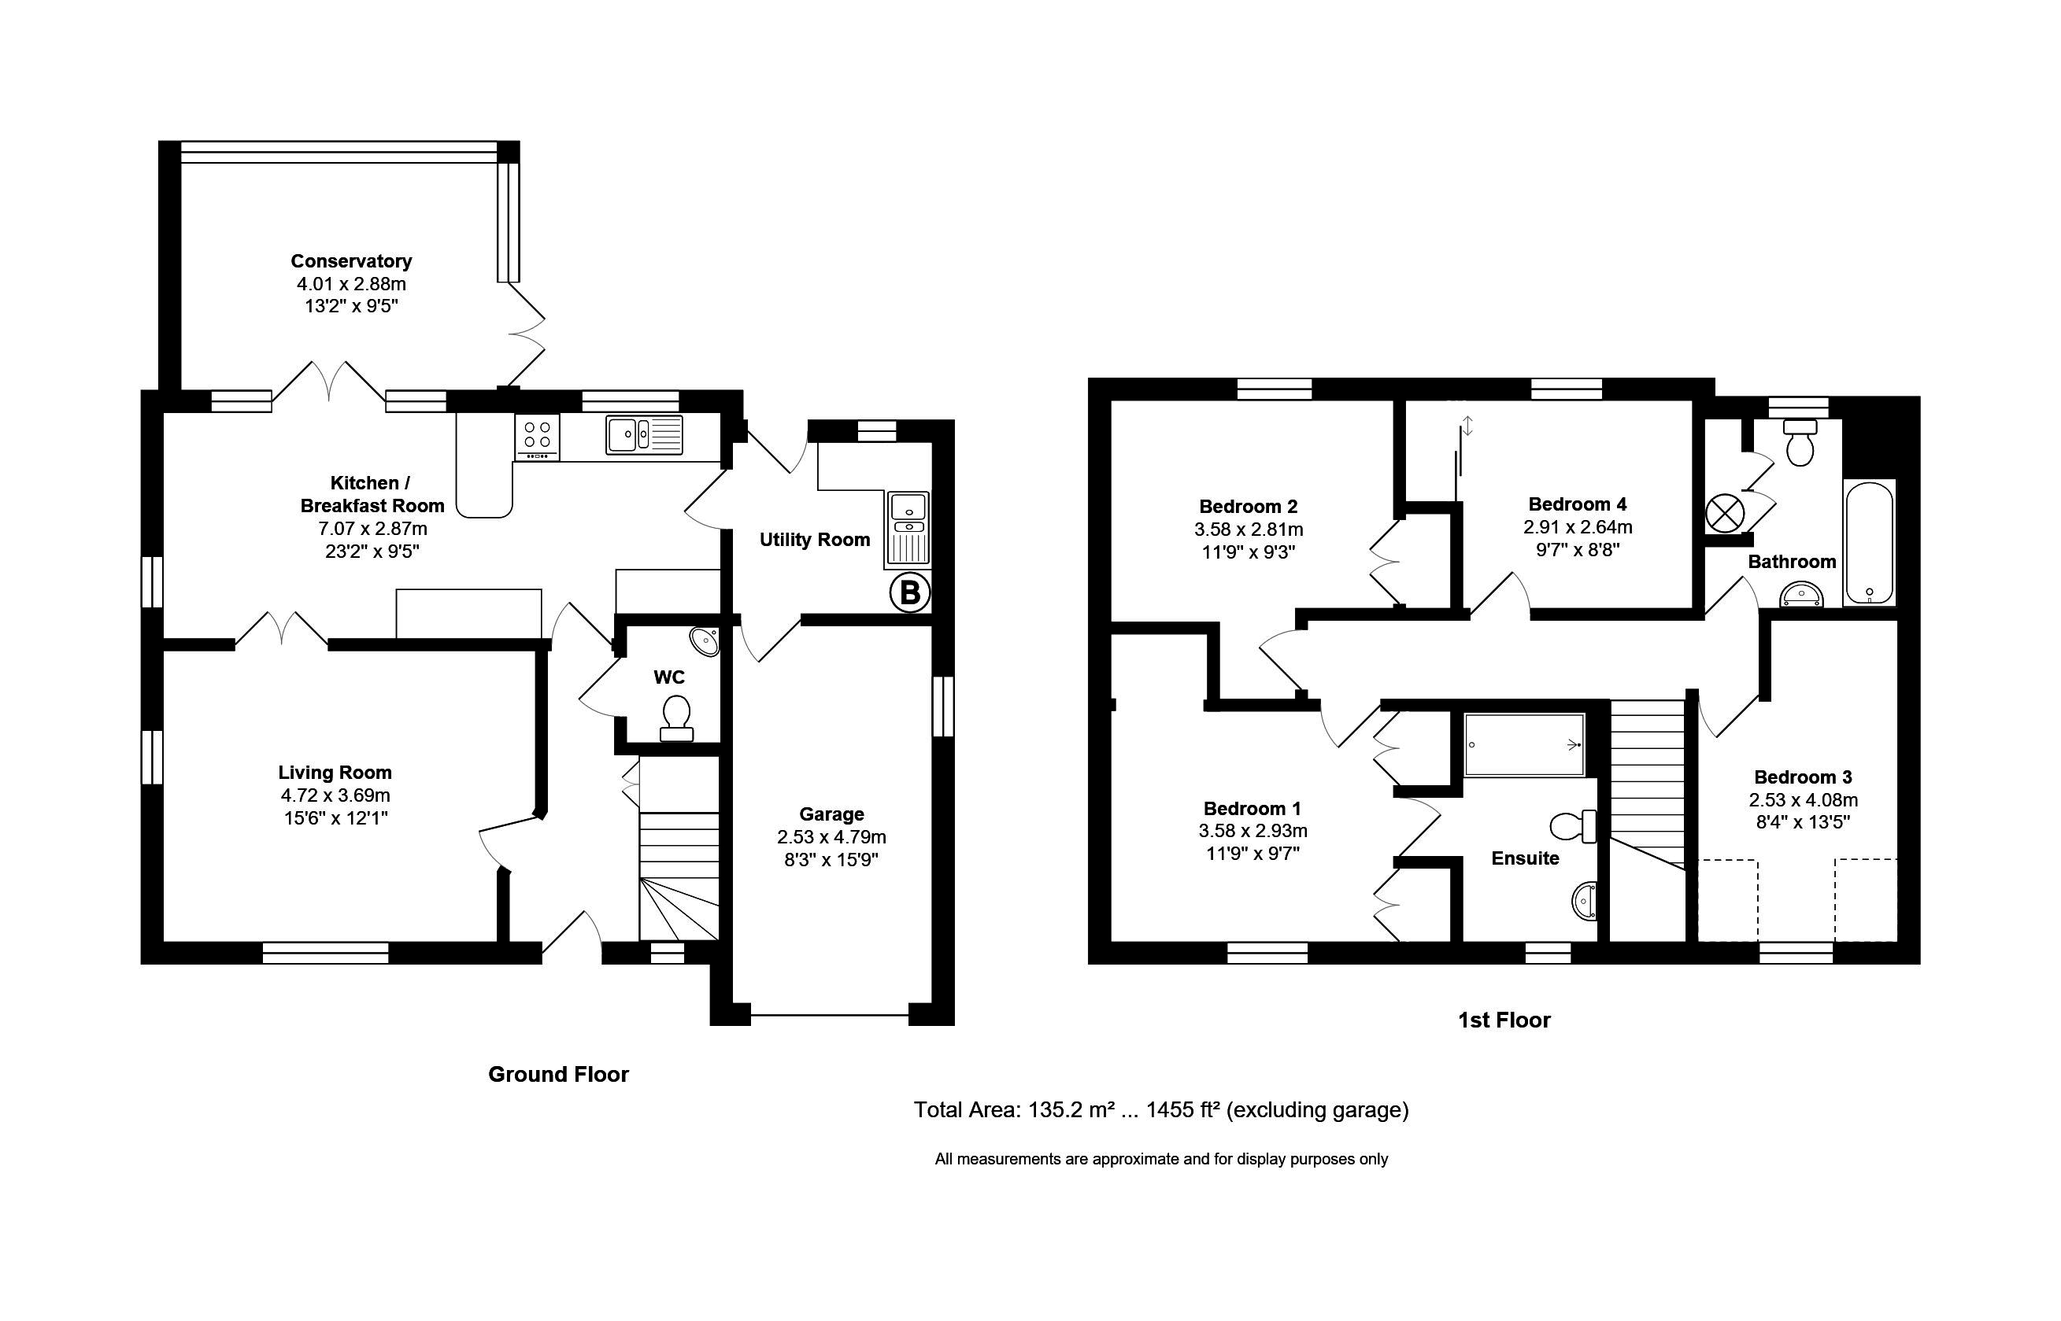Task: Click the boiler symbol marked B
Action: pyautogui.click(x=908, y=592)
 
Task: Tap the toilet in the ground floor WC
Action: pyautogui.click(x=676, y=718)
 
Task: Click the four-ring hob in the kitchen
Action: pyautogui.click(x=537, y=437)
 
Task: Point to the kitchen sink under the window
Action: pyautogui.click(x=645, y=434)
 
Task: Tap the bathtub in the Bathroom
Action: pyautogui.click(x=1869, y=543)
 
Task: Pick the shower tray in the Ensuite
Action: pyautogui.click(x=1524, y=744)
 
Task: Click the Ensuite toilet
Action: pyautogui.click(x=1574, y=826)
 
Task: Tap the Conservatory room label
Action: pyautogui.click(x=351, y=260)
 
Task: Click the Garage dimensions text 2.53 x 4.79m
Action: pyautogui.click(x=831, y=836)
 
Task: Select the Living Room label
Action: pyautogui.click(x=335, y=772)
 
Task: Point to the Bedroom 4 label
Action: pyautogui.click(x=1577, y=504)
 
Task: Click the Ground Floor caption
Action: pyautogui.click(x=559, y=1074)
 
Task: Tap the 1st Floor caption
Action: pyautogui.click(x=1504, y=1020)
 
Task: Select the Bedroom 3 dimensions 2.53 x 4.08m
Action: pyautogui.click(x=1804, y=800)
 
